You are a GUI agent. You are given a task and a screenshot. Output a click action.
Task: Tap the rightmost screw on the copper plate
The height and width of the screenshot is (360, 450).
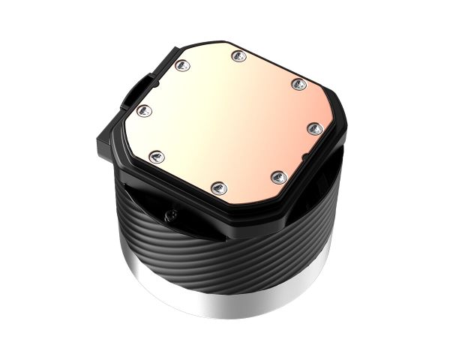(x=316, y=129)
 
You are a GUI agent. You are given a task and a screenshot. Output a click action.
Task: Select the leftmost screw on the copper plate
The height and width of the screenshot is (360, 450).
(x=145, y=111)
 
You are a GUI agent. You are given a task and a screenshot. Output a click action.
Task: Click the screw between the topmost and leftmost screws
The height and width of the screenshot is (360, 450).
(x=181, y=67)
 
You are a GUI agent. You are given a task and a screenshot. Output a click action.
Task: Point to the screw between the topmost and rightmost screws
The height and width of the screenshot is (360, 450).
(x=298, y=82)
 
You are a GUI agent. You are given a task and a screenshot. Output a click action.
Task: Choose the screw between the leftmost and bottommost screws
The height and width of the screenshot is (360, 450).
(x=157, y=156)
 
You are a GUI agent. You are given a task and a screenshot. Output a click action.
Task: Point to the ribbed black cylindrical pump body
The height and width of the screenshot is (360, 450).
(x=225, y=255)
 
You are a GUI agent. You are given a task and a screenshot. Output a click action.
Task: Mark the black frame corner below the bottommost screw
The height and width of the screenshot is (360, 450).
(x=217, y=206)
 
